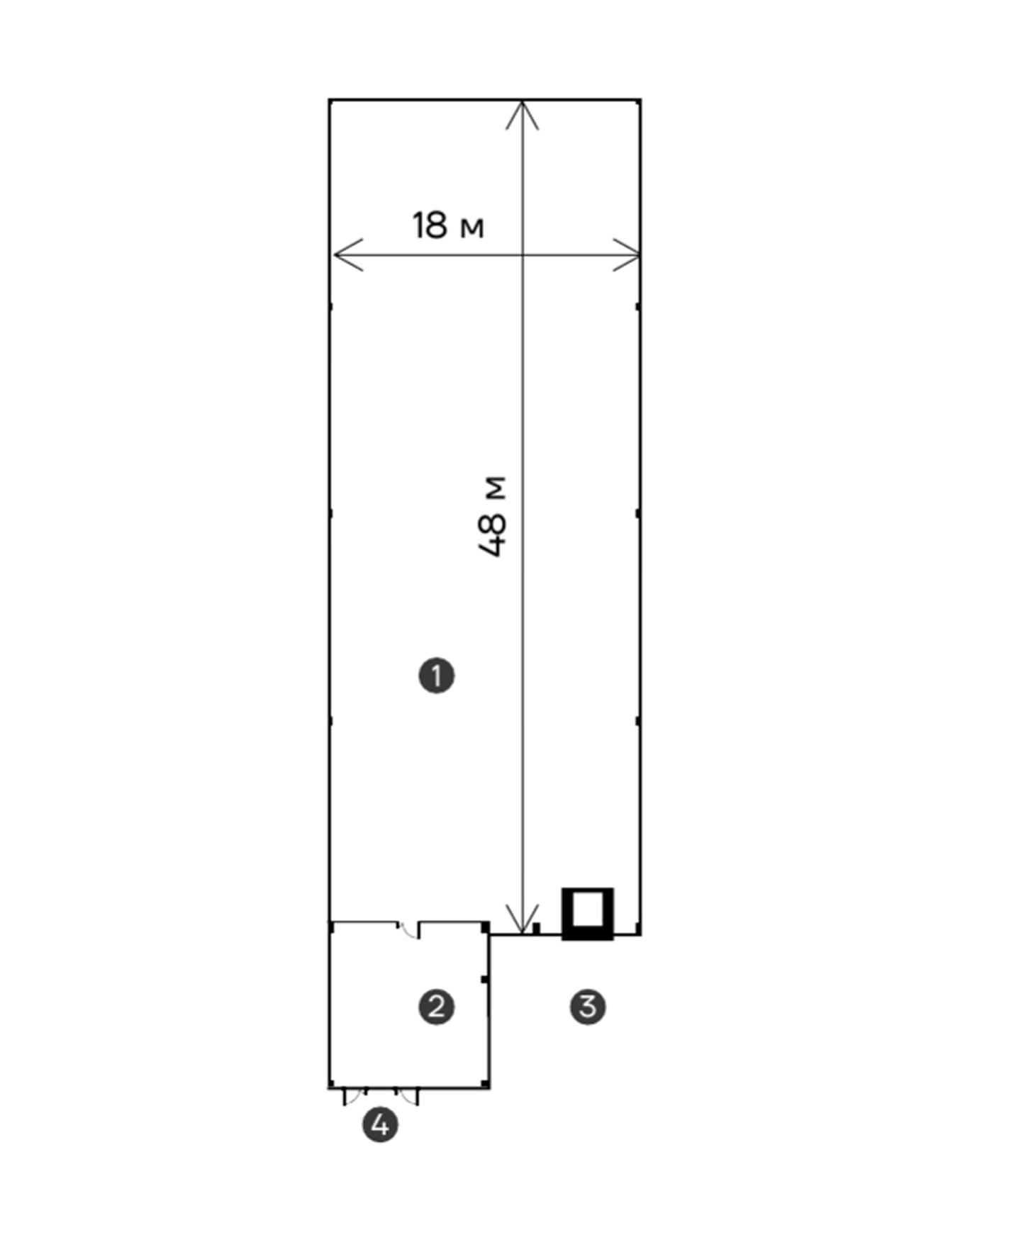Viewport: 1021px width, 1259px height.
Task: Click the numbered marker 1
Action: [x=437, y=676]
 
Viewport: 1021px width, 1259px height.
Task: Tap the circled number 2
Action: [x=437, y=1007]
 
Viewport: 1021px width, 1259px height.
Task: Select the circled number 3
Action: [x=588, y=1007]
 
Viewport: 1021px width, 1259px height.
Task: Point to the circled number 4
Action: [x=380, y=1124]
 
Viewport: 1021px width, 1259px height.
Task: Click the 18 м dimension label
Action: [x=448, y=225]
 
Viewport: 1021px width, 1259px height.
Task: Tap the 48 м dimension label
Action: [x=493, y=516]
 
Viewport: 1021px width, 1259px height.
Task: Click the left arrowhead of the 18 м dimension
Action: [x=347, y=254]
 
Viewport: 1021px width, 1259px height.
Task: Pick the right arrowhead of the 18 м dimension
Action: [x=627, y=254]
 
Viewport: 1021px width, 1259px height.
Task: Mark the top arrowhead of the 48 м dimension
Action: [x=522, y=115]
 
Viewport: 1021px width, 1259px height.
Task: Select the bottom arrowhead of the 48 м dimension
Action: [x=522, y=919]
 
